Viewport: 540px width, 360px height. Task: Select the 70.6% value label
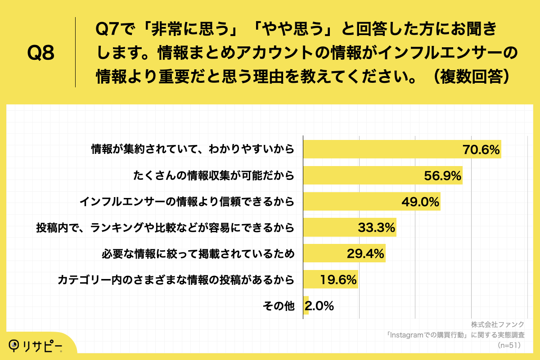(x=481, y=150)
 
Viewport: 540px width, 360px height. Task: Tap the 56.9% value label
(x=443, y=176)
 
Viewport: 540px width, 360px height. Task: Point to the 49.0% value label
(x=420, y=202)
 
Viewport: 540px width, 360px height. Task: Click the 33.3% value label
(x=377, y=228)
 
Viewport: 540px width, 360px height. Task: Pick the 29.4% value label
(x=365, y=254)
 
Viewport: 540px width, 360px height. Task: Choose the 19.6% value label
(x=338, y=280)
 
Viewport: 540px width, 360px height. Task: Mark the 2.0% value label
(x=319, y=306)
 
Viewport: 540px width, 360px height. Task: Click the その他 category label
(x=279, y=306)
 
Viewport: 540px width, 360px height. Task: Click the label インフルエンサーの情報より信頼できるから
(x=187, y=202)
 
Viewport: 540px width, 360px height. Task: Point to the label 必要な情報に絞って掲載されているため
(x=198, y=254)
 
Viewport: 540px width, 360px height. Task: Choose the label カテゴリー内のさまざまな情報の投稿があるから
(x=176, y=280)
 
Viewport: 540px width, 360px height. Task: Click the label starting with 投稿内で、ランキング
(x=165, y=228)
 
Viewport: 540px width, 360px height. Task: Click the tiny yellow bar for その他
(x=306, y=306)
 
